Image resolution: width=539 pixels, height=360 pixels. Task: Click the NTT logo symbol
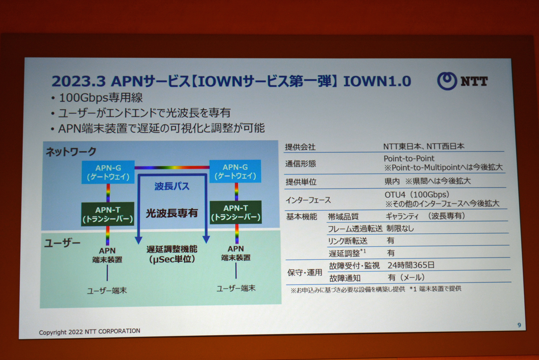pos(447,81)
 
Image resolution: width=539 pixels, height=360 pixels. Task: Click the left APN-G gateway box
pos(108,172)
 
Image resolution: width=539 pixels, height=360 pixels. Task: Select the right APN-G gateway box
pos(235,171)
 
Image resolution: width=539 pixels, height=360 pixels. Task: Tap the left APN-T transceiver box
pos(107,214)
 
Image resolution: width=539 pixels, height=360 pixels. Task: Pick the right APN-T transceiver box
pos(236,212)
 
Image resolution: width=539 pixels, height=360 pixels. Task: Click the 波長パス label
pos(172,186)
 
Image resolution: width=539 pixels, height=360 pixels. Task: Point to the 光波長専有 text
pos(172,213)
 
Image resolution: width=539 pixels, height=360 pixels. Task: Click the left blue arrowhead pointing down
pos(138,240)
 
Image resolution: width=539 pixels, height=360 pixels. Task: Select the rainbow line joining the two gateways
pos(172,167)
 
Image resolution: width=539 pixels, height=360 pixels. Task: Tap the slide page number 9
pos(519,325)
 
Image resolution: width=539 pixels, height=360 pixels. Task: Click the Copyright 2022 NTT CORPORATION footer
pos(89,332)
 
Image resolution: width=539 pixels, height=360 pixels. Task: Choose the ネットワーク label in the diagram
pos(71,152)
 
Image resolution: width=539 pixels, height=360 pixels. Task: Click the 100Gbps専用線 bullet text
pos(101,98)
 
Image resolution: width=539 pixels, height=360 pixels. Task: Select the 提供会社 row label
pos(300,147)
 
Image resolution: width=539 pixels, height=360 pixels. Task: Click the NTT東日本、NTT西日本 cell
pos(424,146)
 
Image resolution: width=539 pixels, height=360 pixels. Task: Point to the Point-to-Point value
pos(409,159)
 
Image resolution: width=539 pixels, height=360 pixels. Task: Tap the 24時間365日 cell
pos(411,265)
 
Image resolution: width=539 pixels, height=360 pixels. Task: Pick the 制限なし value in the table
pos(400,228)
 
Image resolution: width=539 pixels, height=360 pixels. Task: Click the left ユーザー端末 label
pos(107,291)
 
